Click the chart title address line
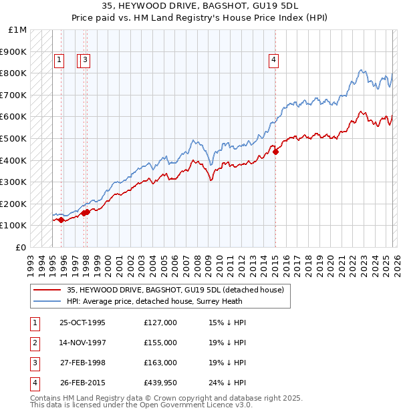pyautogui.click(x=200, y=6)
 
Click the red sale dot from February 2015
pyautogui.click(x=276, y=152)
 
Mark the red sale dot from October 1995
pyautogui.click(x=61, y=220)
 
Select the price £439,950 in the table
pyautogui.click(x=160, y=383)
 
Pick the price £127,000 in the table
pyautogui.click(x=160, y=323)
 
